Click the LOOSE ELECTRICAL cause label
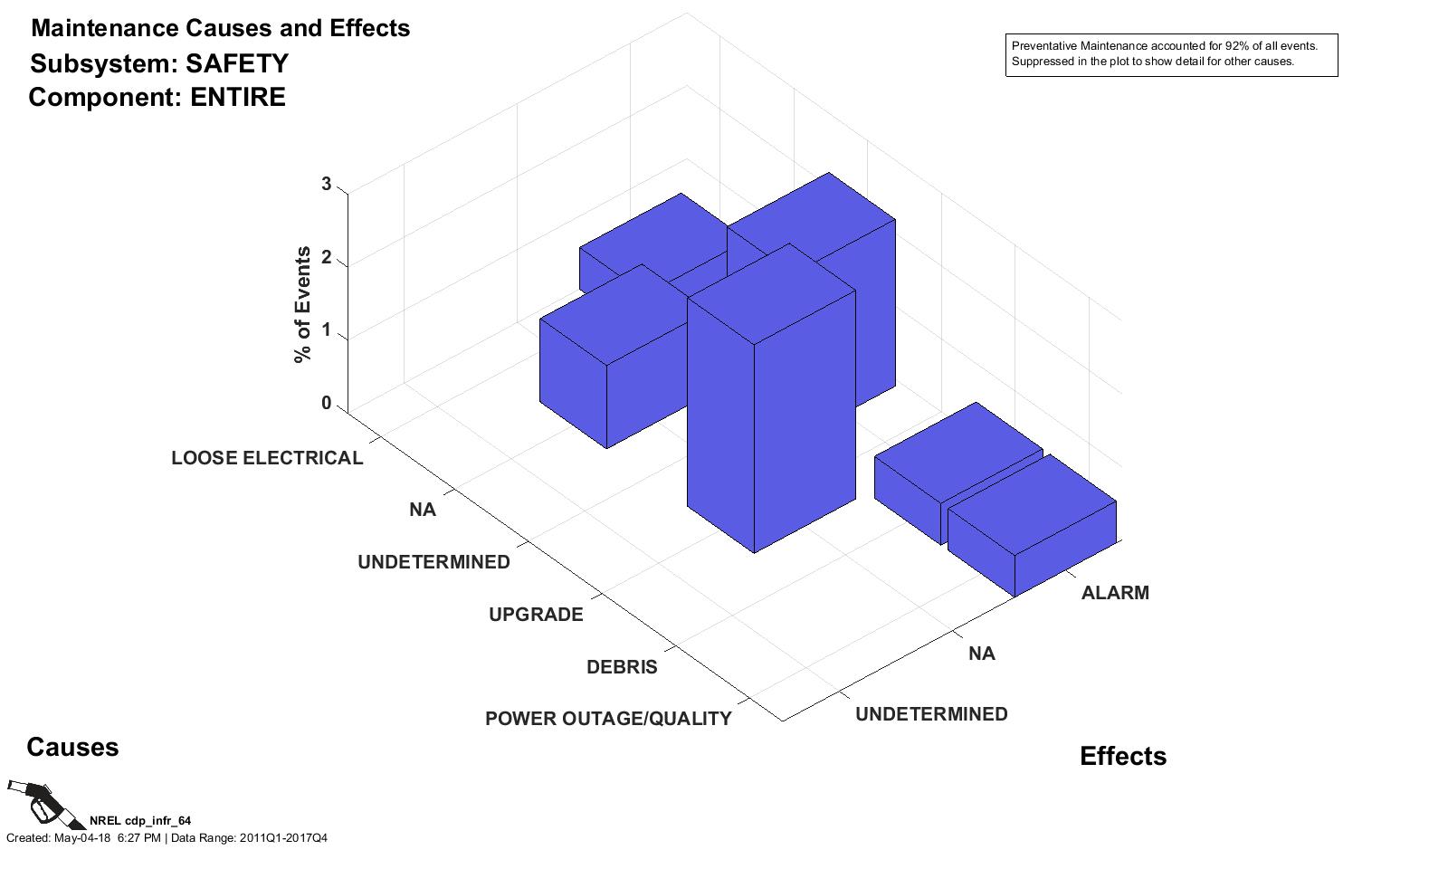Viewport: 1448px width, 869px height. [267, 458]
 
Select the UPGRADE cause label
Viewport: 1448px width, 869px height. [536, 615]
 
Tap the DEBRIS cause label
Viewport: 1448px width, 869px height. [622, 667]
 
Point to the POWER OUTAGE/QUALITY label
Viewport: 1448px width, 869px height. [608, 719]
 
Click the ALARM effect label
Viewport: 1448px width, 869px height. [1115, 593]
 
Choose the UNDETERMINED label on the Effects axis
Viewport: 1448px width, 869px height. [931, 714]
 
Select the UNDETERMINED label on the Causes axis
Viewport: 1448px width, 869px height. [433, 562]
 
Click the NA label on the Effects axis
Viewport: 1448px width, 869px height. [981, 654]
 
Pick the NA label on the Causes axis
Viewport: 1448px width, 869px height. [422, 510]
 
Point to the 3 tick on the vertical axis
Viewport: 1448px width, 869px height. [327, 185]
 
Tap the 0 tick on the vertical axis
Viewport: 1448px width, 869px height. [327, 404]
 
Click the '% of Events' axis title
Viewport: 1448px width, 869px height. [302, 305]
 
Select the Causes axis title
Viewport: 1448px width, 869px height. [72, 747]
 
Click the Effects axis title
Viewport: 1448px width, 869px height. [1122, 756]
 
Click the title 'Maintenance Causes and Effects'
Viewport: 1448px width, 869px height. [220, 28]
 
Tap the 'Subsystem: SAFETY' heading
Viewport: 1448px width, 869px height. [159, 63]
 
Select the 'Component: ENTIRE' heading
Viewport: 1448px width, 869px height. [157, 97]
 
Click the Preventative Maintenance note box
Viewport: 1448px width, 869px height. [1171, 54]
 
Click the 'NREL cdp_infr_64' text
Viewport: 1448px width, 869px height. [140, 821]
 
